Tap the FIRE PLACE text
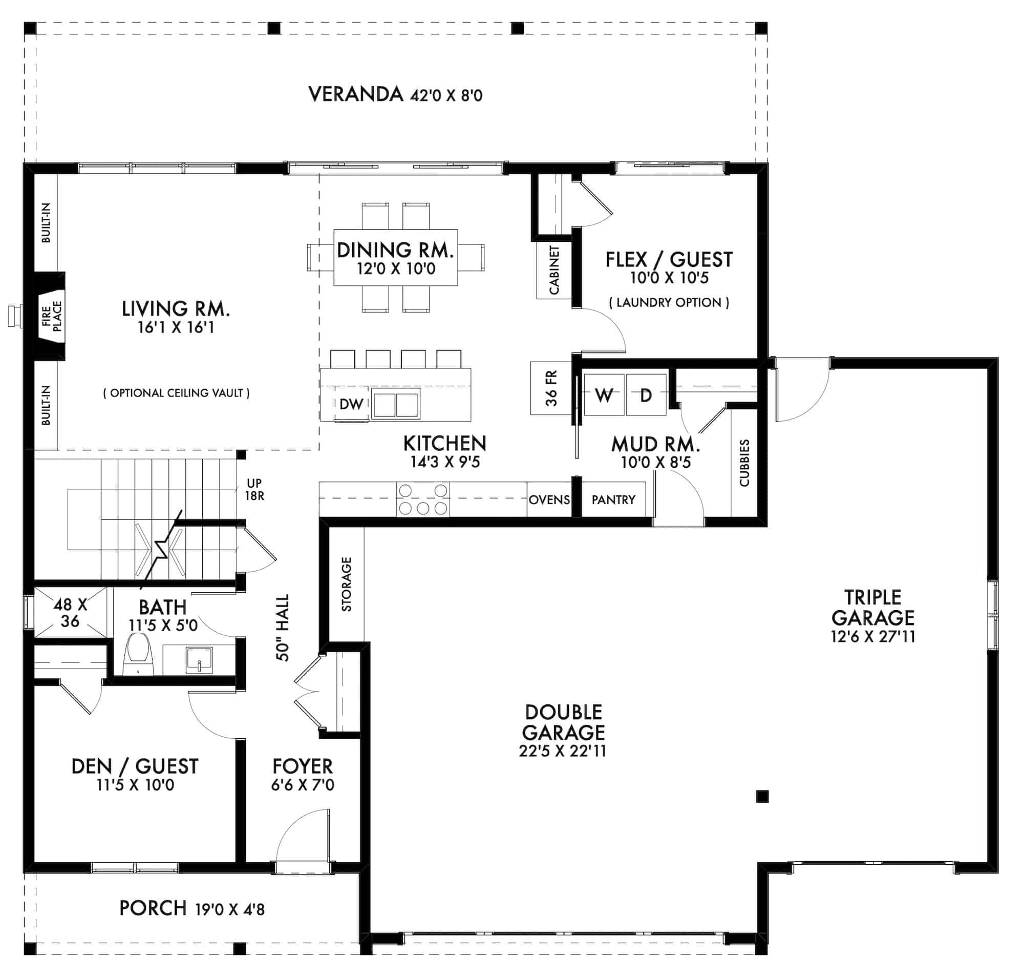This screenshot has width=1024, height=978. coord(52,316)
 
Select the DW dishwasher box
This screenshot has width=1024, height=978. coord(351,404)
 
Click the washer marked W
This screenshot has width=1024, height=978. coord(604,394)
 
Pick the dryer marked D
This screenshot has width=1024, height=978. coord(646,394)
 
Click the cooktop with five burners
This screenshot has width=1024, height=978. coord(422,499)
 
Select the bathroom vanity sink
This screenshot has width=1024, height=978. coord(199,660)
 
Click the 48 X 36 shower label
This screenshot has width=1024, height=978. coord(70,612)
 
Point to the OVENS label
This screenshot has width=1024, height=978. coord(549,500)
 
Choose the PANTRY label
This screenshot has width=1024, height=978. coord(613,500)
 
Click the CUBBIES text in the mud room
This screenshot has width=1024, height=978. coord(744,463)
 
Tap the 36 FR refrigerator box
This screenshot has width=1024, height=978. coord(551,388)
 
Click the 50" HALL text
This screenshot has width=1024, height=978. coord(282,628)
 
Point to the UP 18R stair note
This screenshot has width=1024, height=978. coord(254,489)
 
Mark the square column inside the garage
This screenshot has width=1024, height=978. coord(762,796)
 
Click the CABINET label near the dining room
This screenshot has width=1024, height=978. coord(554,270)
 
